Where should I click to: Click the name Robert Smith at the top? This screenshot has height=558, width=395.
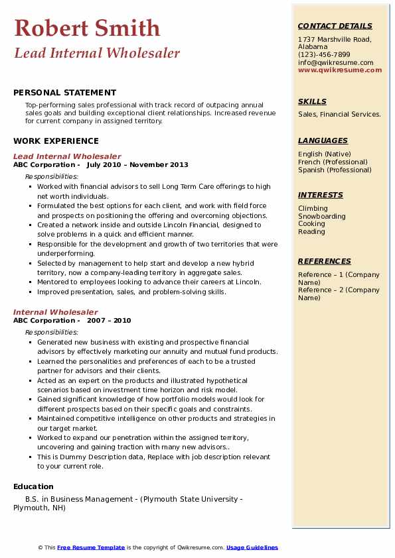(87, 28)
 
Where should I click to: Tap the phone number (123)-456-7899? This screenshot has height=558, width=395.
(324, 55)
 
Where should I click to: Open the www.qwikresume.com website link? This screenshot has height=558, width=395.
(340, 70)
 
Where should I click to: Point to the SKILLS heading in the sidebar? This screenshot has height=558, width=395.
(312, 101)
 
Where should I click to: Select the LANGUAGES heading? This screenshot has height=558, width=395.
(323, 140)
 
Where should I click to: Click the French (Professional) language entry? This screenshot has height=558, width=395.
(333, 162)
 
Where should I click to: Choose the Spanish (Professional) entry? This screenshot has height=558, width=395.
(335, 170)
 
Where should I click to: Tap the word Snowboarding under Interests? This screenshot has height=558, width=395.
(321, 216)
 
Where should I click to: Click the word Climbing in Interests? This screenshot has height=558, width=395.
(313, 208)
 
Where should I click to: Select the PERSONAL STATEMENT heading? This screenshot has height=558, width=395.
(64, 93)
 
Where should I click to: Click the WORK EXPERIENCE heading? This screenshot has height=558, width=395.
(56, 140)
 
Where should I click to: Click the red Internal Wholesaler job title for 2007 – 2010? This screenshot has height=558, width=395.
(55, 312)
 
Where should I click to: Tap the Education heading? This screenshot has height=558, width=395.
(33, 486)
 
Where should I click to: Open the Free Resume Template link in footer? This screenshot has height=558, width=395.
(91, 547)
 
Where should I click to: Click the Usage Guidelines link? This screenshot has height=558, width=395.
(252, 547)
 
